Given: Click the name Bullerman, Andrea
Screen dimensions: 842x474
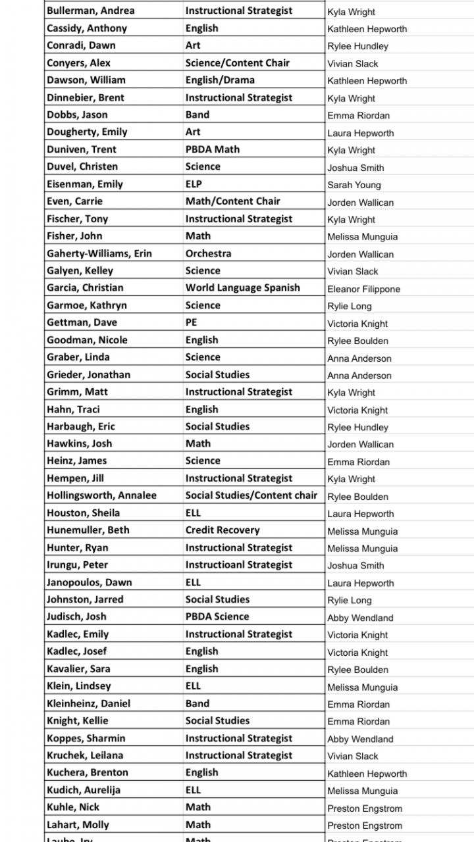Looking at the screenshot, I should [x=90, y=11].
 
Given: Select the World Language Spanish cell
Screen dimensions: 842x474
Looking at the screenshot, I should [x=242, y=287].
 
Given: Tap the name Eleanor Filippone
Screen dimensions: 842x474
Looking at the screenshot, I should [x=363, y=289].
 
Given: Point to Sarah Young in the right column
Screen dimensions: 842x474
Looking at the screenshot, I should [x=354, y=185].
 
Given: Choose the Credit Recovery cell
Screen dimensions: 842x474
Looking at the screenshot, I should [x=223, y=530].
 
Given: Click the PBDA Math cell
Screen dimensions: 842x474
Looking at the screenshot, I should [x=212, y=149].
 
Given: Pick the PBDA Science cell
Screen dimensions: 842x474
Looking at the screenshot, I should [x=217, y=616].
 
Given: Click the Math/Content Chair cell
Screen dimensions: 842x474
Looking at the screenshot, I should [x=232, y=201].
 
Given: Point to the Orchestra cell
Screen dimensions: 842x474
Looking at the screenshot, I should [x=208, y=253].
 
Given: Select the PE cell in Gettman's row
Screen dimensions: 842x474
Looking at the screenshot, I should [x=191, y=322].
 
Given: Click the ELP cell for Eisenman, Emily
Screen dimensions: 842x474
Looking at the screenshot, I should [x=194, y=184].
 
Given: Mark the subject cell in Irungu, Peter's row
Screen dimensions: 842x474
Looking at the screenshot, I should [x=238, y=564].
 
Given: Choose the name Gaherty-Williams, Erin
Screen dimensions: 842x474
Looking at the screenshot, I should [x=99, y=253].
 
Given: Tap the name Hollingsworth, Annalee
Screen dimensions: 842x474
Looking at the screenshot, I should [x=101, y=495].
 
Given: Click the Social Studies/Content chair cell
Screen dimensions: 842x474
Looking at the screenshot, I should [x=251, y=495].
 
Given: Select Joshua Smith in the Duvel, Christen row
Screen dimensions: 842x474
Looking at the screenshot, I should [x=355, y=168].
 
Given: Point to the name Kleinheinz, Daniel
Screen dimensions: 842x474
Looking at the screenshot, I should [x=88, y=703].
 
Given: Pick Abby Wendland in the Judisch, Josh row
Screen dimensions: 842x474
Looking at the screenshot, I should [x=360, y=618].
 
